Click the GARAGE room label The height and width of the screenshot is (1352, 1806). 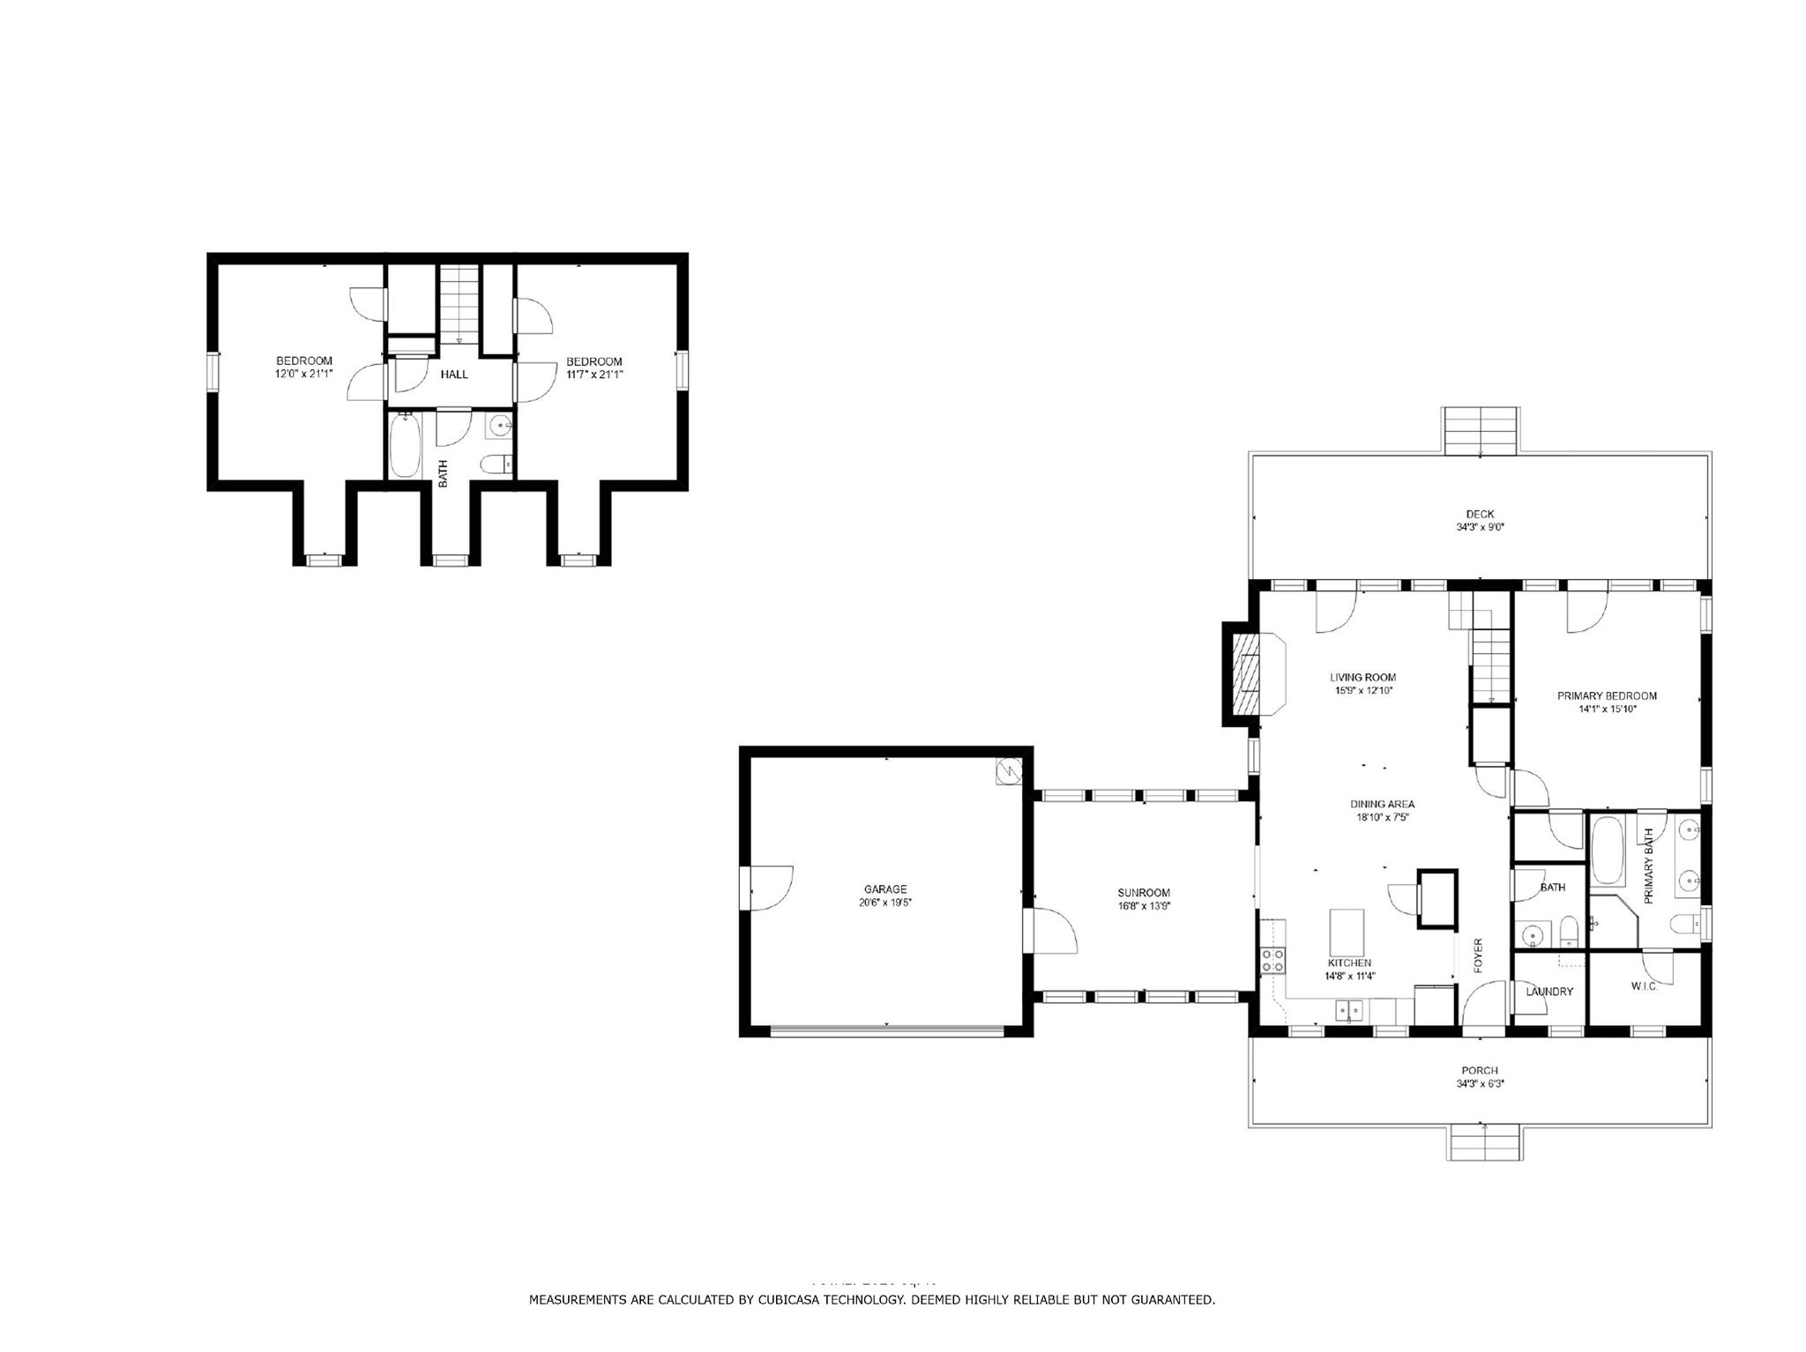pyautogui.click(x=884, y=889)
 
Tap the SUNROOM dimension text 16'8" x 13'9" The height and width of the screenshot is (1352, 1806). pyautogui.click(x=1144, y=905)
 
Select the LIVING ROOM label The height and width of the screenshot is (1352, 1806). pyautogui.click(x=1362, y=677)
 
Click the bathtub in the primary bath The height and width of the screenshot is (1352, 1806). pyautogui.click(x=1608, y=851)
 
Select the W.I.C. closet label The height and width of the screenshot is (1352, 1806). pyautogui.click(x=1644, y=986)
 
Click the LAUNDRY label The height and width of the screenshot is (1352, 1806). pyautogui.click(x=1549, y=992)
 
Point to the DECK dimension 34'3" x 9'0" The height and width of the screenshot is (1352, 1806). pyautogui.click(x=1479, y=527)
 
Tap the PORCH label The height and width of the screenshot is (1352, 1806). pyautogui.click(x=1479, y=1070)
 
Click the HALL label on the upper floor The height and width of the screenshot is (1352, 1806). pyautogui.click(x=454, y=375)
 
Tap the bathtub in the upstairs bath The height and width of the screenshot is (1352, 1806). pyautogui.click(x=406, y=446)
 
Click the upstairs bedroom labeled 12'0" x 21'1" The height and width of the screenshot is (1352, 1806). pyautogui.click(x=303, y=367)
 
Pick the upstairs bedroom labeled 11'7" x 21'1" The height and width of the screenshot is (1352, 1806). pyautogui.click(x=593, y=368)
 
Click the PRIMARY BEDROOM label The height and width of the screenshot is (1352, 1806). pyautogui.click(x=1606, y=695)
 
